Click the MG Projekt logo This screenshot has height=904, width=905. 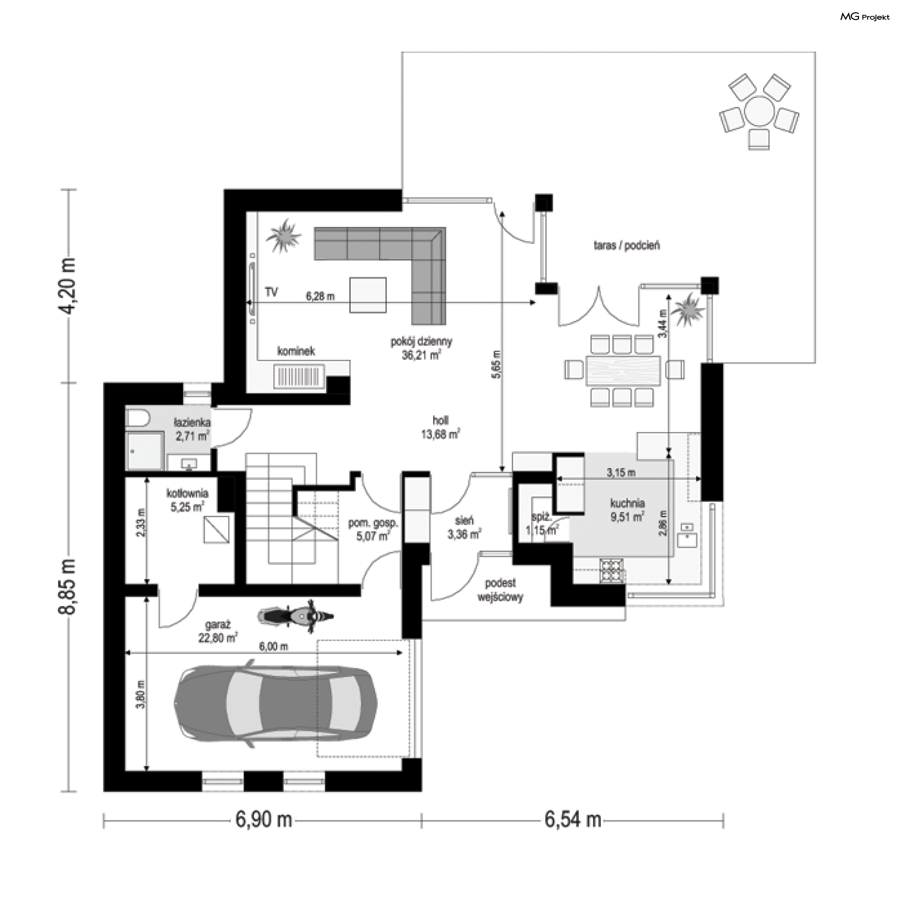click(865, 17)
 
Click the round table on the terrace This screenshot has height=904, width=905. click(759, 112)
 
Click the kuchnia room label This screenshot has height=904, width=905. click(627, 503)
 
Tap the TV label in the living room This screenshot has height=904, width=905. click(271, 292)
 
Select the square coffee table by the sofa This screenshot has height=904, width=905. click(368, 295)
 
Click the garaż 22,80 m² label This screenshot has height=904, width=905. click(218, 631)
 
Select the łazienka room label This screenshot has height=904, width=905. click(192, 429)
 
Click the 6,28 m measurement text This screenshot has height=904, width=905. click(320, 297)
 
